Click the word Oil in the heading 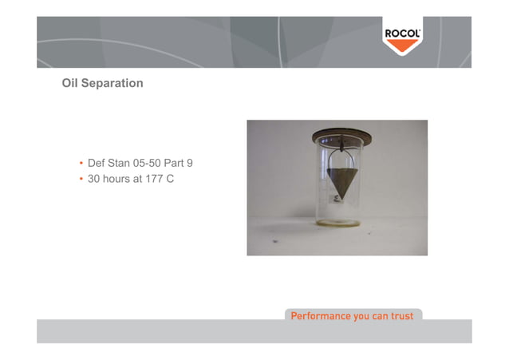pyautogui.click(x=71, y=83)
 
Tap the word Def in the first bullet pyautogui.click(x=97, y=164)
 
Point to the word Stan pyautogui.click(x=124, y=164)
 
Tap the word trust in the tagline pyautogui.click(x=400, y=316)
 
